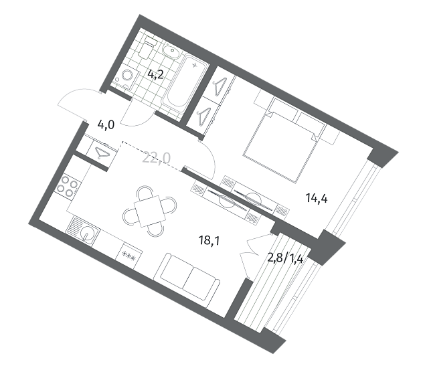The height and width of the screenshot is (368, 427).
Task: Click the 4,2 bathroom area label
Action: pyautogui.click(x=155, y=74)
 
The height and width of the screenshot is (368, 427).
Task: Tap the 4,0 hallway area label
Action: pyautogui.click(x=106, y=125)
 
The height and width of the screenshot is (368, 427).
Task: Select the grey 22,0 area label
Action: pyautogui.click(x=157, y=158)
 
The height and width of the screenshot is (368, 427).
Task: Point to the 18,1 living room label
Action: pyautogui.click(x=209, y=241)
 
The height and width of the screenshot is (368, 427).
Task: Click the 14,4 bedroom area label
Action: pyautogui.click(x=317, y=198)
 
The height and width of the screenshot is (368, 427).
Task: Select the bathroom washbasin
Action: pyautogui.click(x=171, y=51)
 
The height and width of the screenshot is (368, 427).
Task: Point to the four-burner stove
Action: pyautogui.click(x=68, y=185)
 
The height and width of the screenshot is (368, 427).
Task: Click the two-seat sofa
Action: pyautogui.click(x=187, y=276)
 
